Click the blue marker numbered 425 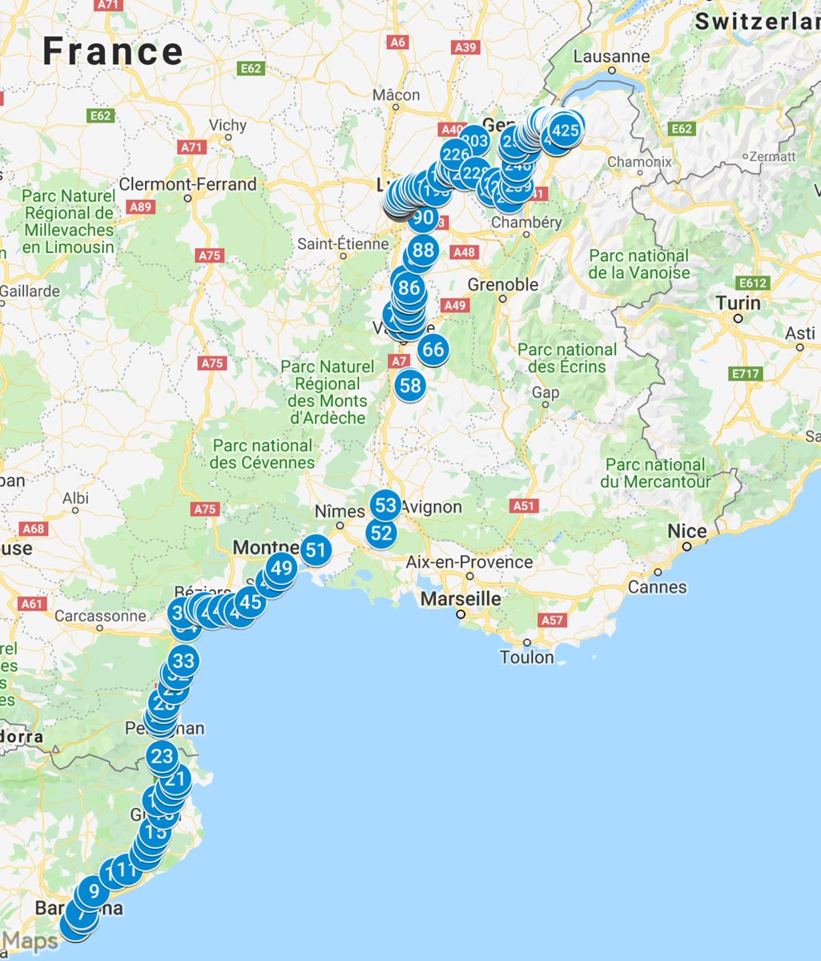point(565,130)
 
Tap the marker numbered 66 point(433,349)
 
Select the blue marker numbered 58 point(409,385)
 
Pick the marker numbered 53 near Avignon point(386,505)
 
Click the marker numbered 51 point(316,550)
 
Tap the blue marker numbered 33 point(183,661)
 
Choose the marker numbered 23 point(162,756)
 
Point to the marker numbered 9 point(94,891)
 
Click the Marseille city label point(461,598)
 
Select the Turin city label point(738,303)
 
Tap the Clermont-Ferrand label point(187,184)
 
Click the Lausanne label point(612,57)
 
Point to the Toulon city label point(526,657)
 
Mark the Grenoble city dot point(502,299)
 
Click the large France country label point(113,51)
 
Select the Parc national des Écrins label point(567,358)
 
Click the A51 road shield point(523,505)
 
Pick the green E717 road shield point(744,373)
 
